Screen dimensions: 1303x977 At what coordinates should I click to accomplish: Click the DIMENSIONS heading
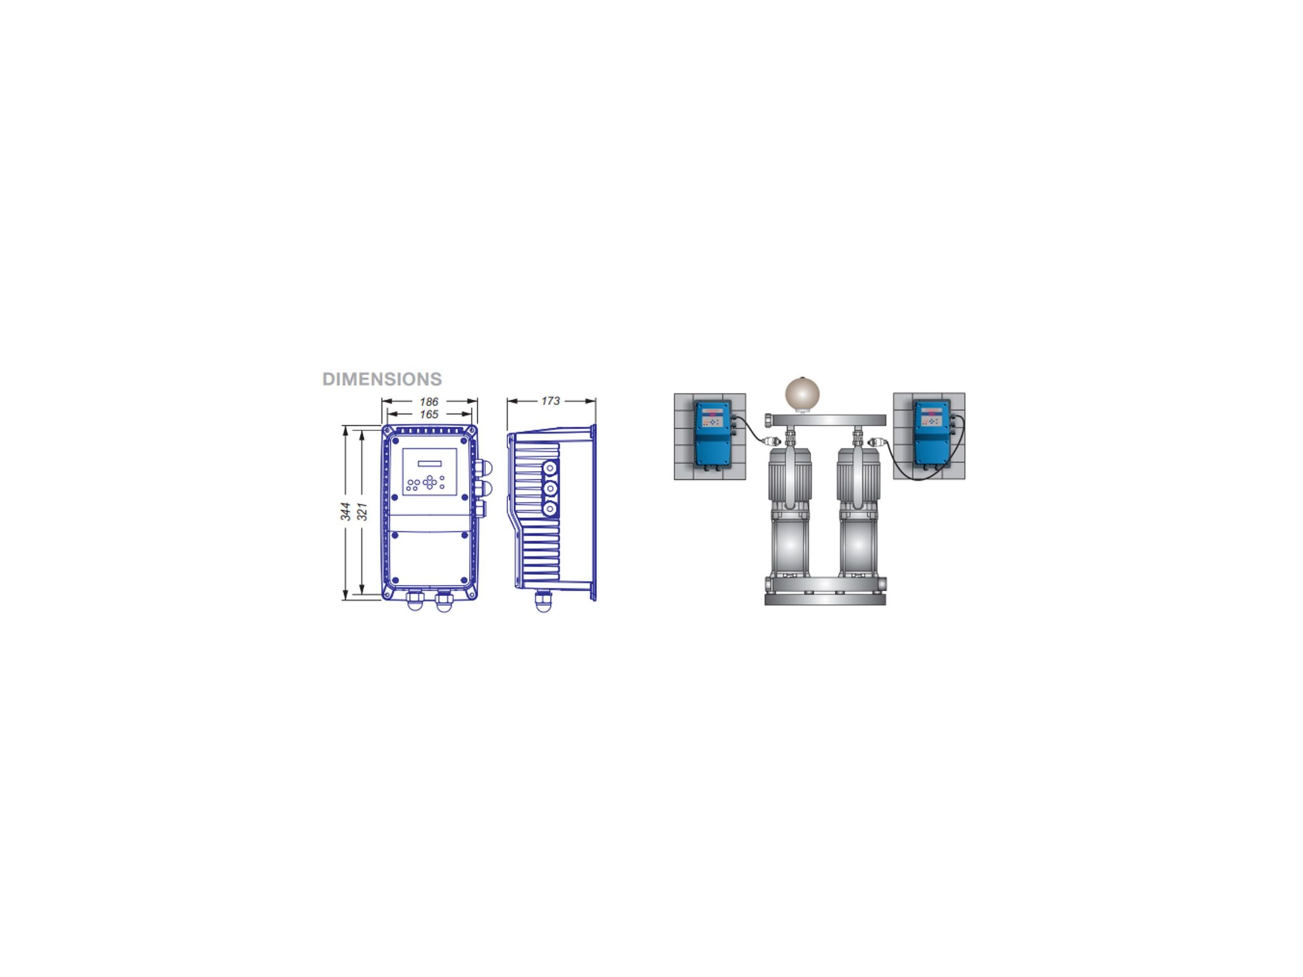(382, 379)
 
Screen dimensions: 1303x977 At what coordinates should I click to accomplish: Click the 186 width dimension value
(429, 402)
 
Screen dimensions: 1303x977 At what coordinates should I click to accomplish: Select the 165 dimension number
(429, 415)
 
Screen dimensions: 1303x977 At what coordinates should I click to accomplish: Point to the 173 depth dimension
(550, 401)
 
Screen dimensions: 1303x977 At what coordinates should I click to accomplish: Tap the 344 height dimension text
(346, 511)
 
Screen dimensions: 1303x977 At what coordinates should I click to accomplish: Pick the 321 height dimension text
(363, 511)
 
